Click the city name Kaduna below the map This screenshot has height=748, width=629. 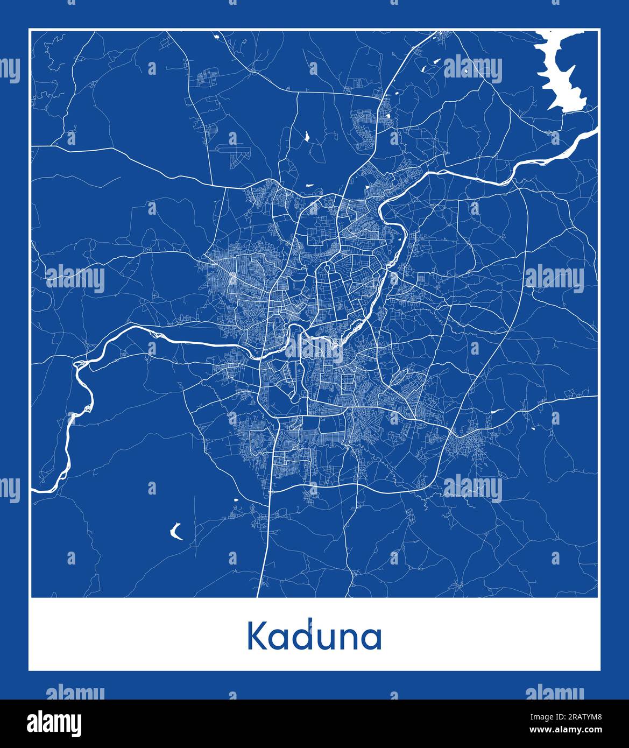[314, 637]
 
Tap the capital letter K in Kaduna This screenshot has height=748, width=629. [257, 637]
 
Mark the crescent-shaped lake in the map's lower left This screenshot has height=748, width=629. [175, 532]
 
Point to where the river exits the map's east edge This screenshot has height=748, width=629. [596, 130]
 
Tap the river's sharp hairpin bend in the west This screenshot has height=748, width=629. [79, 366]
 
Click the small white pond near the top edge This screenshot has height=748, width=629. [216, 37]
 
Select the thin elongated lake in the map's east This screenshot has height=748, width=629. [497, 411]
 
